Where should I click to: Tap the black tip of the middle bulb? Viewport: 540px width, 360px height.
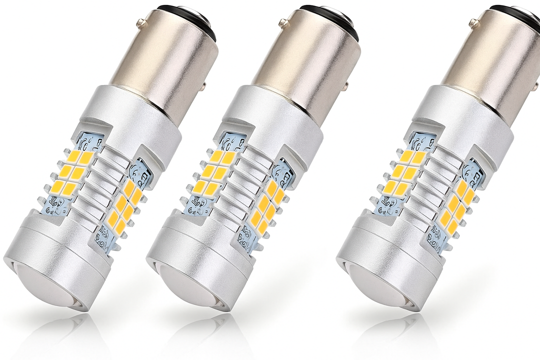(x=344, y=20)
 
